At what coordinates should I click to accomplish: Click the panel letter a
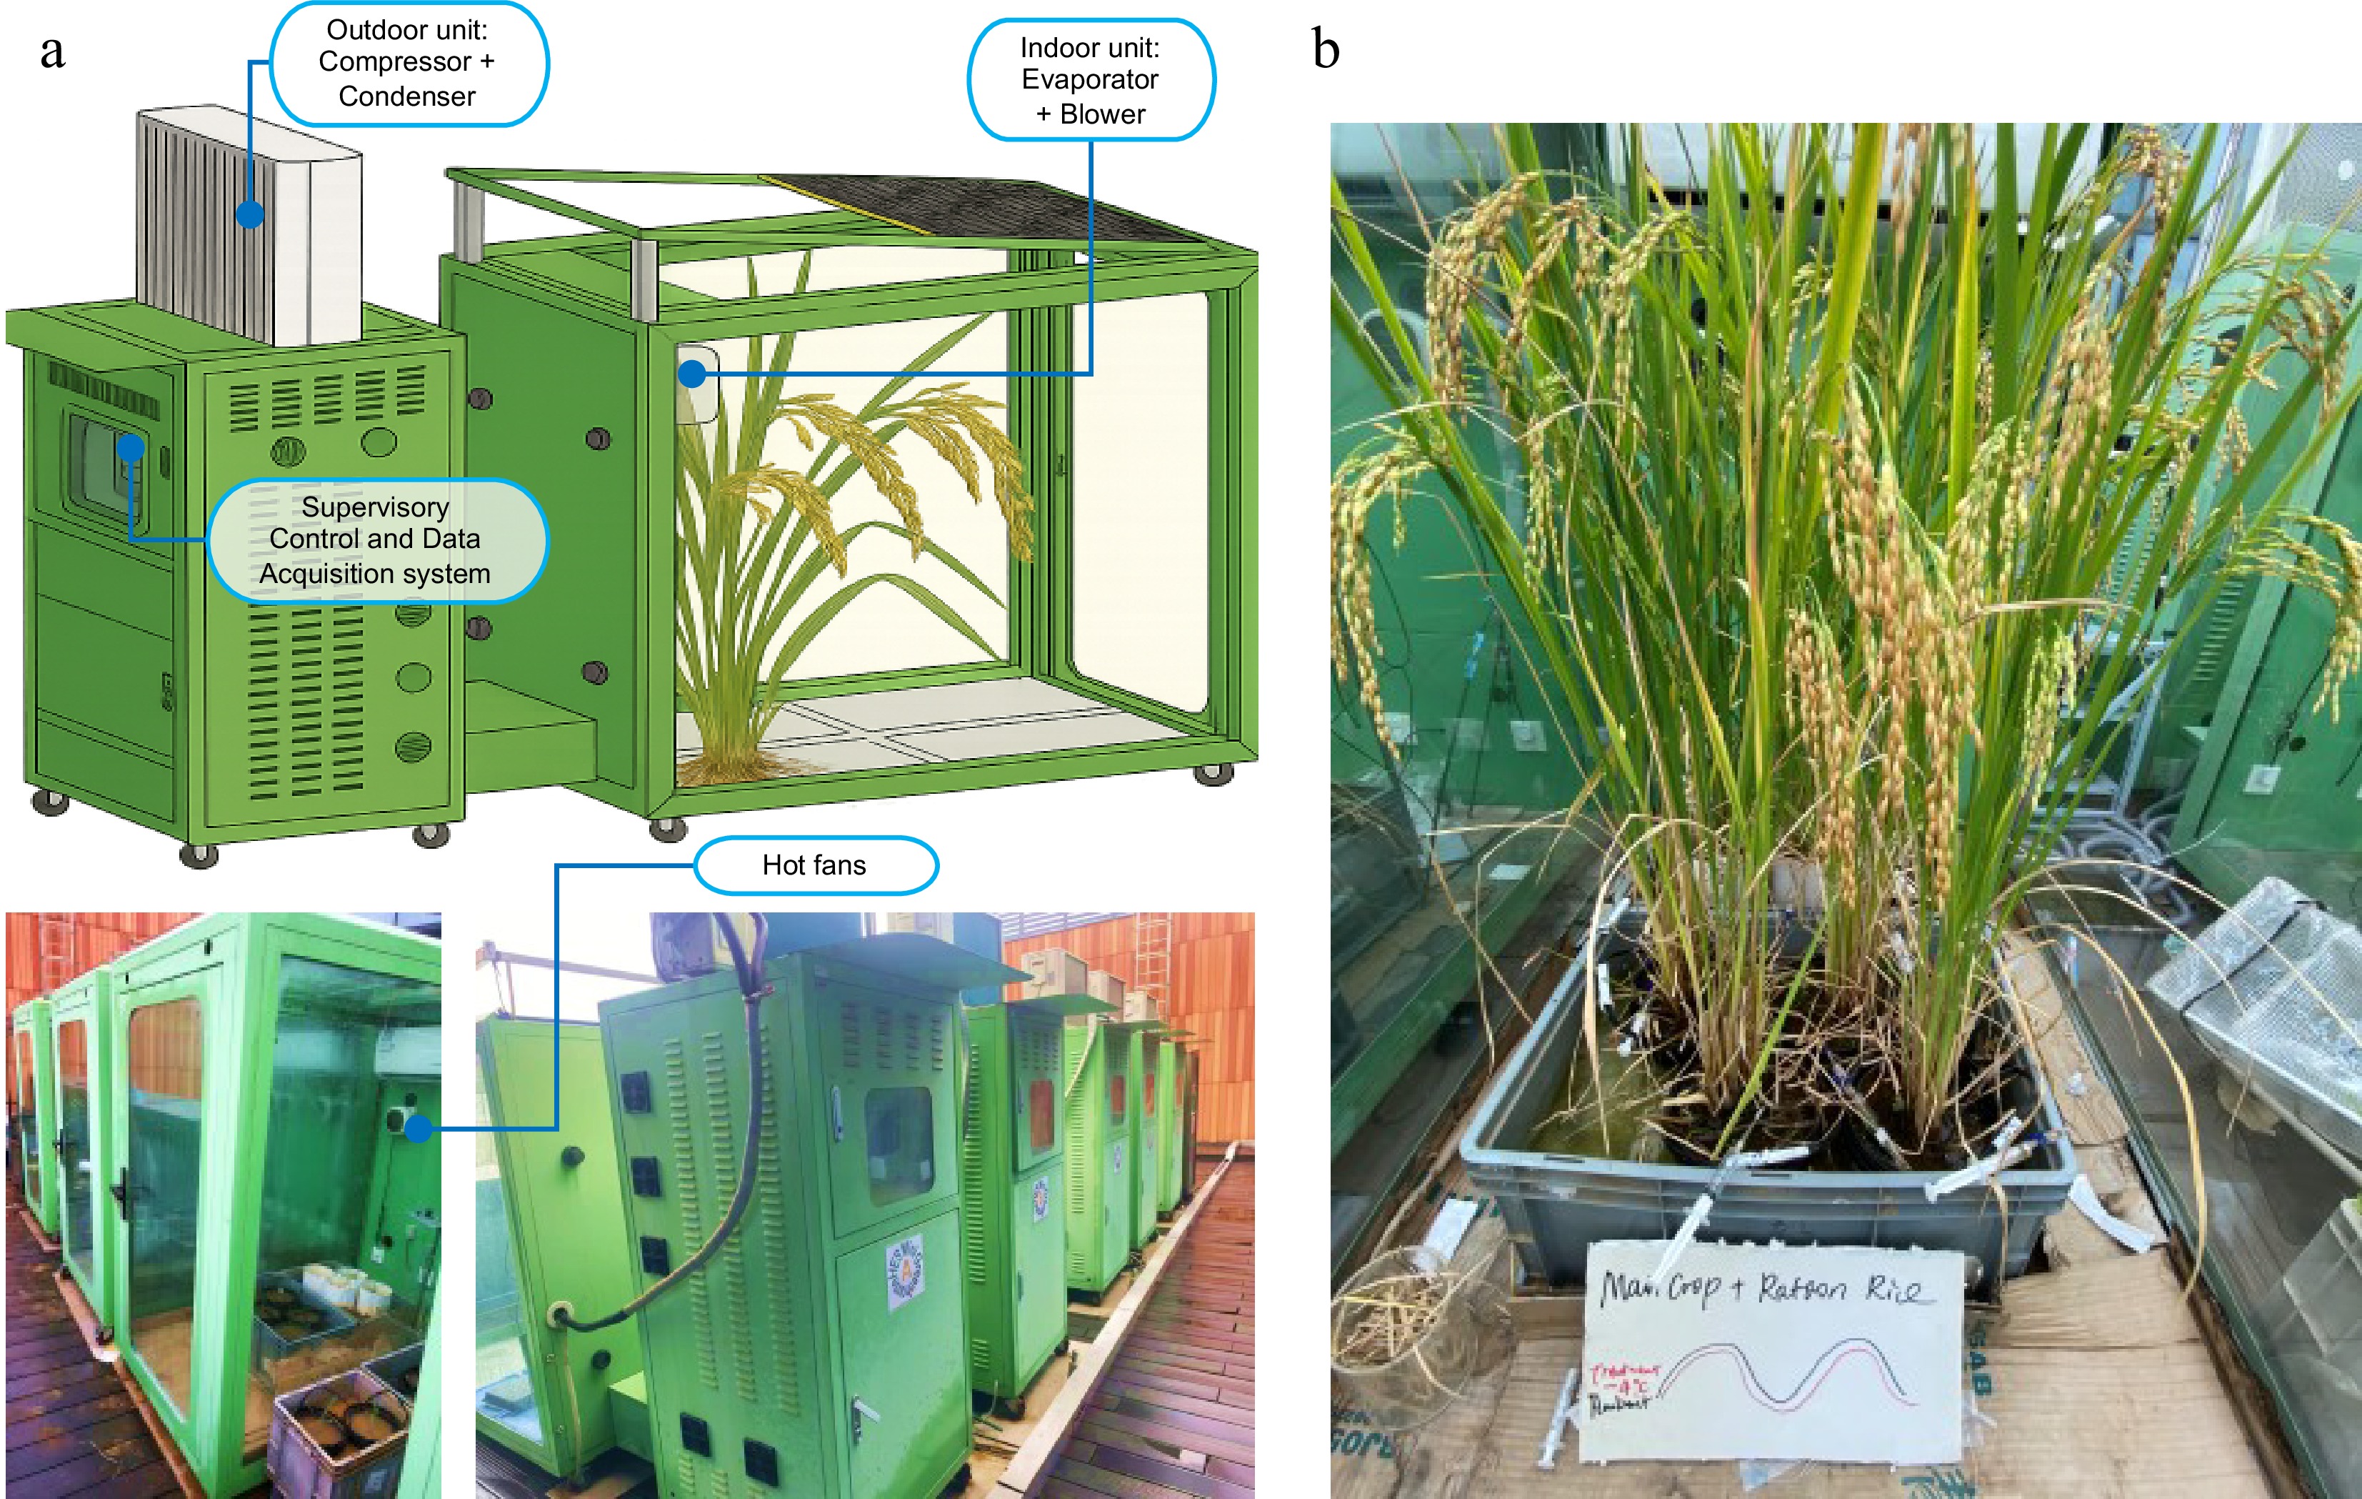tap(52, 51)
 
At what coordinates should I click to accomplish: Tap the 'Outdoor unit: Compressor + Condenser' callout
tap(407, 64)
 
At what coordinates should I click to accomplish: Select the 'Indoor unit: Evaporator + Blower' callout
tap(1090, 81)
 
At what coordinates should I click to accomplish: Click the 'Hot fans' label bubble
tap(814, 865)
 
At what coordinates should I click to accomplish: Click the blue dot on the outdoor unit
tap(250, 214)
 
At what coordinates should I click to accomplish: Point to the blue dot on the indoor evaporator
tap(693, 374)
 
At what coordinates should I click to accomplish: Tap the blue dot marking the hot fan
tap(419, 1128)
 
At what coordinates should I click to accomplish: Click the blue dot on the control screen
tap(131, 448)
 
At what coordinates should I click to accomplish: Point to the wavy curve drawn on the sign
tap(1785, 1373)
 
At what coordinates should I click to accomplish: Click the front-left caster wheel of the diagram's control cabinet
tap(199, 855)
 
